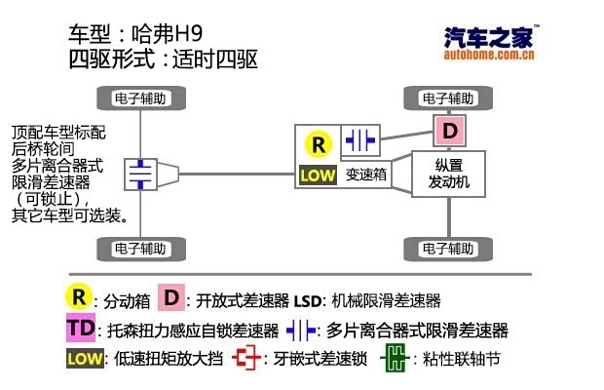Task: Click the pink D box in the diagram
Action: pyautogui.click(x=450, y=130)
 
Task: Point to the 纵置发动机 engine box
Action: pyautogui.click(x=449, y=174)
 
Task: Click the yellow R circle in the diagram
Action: pyautogui.click(x=319, y=144)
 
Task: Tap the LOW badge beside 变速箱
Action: pyautogui.click(x=318, y=175)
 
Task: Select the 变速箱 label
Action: pyautogui.click(x=367, y=175)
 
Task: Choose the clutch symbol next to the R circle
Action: pyautogui.click(x=359, y=140)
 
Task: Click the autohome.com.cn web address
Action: pyautogui.click(x=488, y=56)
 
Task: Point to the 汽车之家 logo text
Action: pyautogui.click(x=488, y=36)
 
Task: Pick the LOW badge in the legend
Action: pyautogui.click(x=85, y=358)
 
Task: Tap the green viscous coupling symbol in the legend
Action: pyautogui.click(x=393, y=358)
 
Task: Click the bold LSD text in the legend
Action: pyautogui.click(x=309, y=300)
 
